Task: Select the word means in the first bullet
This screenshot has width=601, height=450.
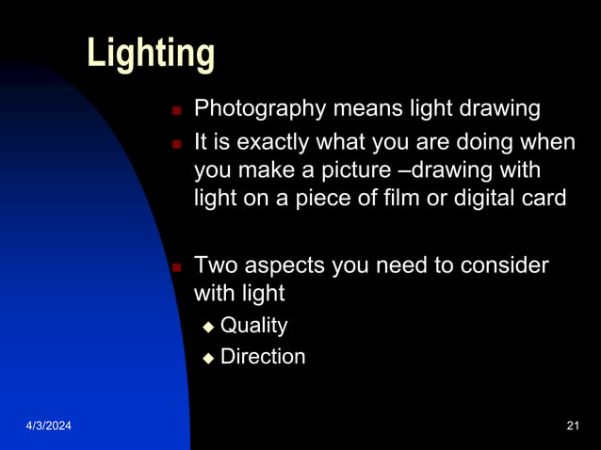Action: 361,109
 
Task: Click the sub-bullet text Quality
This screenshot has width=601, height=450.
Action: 253,326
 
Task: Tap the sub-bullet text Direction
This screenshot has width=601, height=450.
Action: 263,357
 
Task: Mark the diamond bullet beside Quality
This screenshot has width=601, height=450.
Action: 208,327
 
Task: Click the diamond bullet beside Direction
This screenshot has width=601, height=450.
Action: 208,358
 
